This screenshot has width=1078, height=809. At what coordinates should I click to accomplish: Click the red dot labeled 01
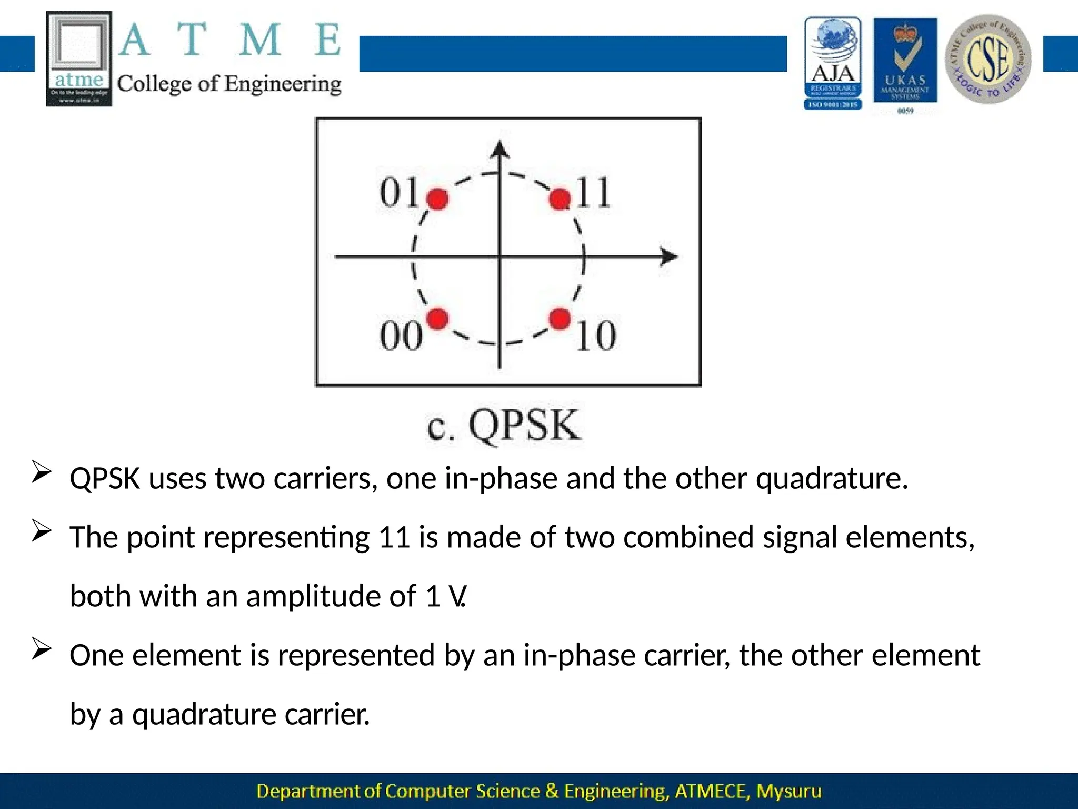(x=437, y=199)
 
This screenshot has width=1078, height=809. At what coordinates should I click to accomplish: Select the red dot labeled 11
(x=560, y=199)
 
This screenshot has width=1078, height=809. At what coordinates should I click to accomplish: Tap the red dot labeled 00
(x=437, y=319)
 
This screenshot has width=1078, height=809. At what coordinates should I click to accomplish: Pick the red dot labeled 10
(x=560, y=319)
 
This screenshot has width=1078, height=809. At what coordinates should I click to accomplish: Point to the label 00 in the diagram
(x=401, y=336)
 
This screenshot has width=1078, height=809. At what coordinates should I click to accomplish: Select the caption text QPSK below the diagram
(x=525, y=426)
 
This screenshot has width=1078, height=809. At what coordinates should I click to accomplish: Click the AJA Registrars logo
(x=833, y=63)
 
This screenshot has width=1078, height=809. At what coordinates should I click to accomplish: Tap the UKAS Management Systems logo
(x=905, y=61)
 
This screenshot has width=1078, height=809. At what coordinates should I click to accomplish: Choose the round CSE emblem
(x=988, y=59)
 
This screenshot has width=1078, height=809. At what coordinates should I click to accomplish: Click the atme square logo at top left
(x=79, y=58)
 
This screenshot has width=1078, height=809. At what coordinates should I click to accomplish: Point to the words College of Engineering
(x=229, y=84)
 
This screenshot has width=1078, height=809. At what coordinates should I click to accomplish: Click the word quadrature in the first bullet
(x=831, y=479)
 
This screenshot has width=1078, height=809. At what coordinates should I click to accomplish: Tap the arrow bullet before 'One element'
(x=41, y=648)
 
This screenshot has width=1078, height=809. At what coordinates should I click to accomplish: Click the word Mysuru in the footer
(x=788, y=791)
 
